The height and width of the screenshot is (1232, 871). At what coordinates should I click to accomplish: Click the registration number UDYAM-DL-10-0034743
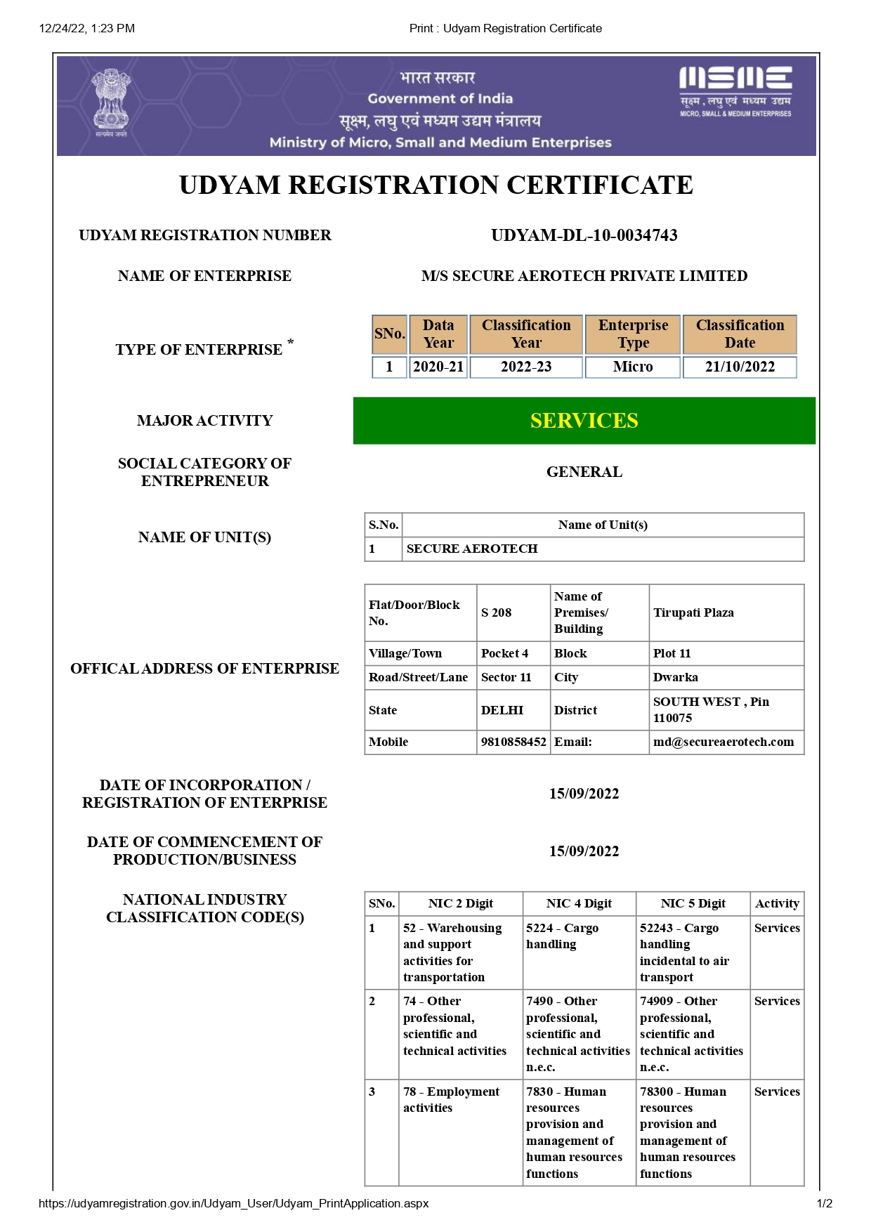click(584, 235)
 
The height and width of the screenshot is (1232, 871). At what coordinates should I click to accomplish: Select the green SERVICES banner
click(584, 421)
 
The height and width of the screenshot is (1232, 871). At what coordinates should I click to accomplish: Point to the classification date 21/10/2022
click(740, 367)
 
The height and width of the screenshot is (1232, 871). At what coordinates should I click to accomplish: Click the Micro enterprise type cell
click(632, 367)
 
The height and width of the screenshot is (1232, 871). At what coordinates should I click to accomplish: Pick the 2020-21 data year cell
click(438, 367)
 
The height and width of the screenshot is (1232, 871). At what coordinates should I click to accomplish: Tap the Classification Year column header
click(526, 334)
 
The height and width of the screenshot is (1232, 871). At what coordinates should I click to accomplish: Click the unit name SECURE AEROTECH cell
click(472, 549)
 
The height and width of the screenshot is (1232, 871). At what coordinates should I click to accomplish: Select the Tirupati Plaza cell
click(693, 612)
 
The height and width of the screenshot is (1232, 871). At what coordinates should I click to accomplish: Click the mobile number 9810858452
click(513, 742)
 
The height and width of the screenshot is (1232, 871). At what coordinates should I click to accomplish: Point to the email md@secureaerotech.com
click(723, 742)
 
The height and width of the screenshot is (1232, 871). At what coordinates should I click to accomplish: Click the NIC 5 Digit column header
click(693, 903)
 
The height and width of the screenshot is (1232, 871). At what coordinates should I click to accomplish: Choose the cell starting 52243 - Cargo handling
click(685, 952)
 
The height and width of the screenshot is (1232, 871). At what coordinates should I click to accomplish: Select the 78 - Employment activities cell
click(451, 1099)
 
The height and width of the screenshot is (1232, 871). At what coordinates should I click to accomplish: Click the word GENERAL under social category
click(584, 472)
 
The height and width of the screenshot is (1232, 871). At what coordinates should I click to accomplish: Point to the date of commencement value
click(584, 851)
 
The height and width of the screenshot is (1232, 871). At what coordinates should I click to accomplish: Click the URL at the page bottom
click(233, 1203)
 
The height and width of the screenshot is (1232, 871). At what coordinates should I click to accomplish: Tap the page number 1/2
click(824, 1203)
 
